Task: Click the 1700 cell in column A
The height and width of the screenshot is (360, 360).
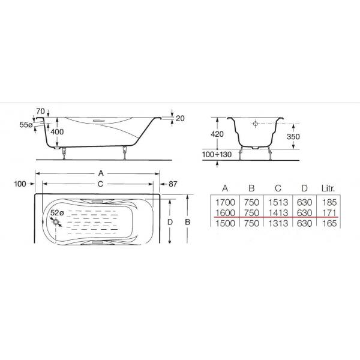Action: tap(225, 202)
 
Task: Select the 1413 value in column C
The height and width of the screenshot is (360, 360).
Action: tap(278, 213)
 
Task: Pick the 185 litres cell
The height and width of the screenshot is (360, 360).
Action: tap(329, 202)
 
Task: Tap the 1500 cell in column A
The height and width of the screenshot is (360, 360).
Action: tap(225, 223)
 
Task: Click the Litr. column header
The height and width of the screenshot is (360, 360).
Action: tap(328, 188)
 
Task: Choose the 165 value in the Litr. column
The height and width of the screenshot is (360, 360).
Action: tap(329, 223)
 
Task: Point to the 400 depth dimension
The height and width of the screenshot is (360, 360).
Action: tap(57, 132)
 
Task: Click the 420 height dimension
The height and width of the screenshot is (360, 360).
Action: tap(217, 134)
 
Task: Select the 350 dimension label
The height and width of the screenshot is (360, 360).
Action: tap(293, 137)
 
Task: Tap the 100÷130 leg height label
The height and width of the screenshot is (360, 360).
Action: tap(217, 155)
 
